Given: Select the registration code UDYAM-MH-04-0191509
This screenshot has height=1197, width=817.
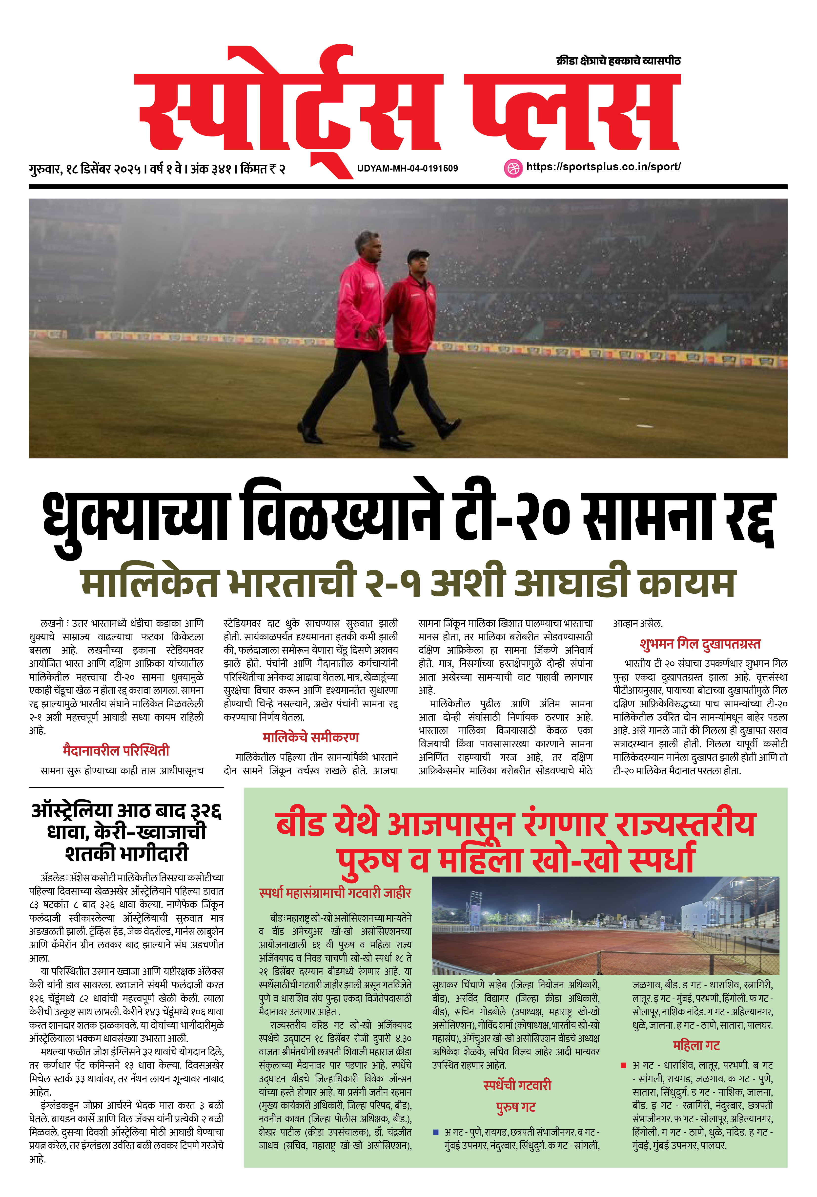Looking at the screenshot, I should (x=407, y=168).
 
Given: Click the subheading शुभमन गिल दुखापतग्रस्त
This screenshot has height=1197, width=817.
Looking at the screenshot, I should (x=700, y=644).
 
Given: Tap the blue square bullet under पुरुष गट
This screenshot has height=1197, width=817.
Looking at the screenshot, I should (x=435, y=1132).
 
